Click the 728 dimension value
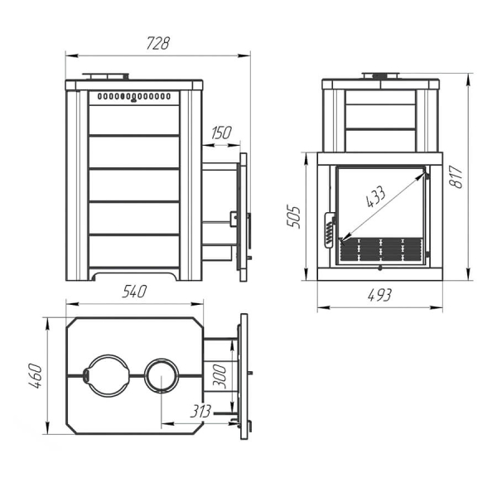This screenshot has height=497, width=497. pyautogui.click(x=158, y=43)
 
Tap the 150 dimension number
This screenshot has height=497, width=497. pyautogui.click(x=221, y=133)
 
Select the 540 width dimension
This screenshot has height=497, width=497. pyautogui.click(x=134, y=292)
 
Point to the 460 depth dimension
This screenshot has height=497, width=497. pyautogui.click(x=36, y=376)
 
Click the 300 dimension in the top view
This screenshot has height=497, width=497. pyautogui.click(x=220, y=376)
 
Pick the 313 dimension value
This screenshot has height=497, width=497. pyautogui.click(x=200, y=412)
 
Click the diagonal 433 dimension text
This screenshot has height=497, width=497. pyautogui.click(x=376, y=196)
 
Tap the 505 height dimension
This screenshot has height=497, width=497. pyautogui.click(x=293, y=217)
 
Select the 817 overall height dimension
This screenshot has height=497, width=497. pyautogui.click(x=456, y=177)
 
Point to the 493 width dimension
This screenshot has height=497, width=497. pyautogui.click(x=379, y=296)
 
